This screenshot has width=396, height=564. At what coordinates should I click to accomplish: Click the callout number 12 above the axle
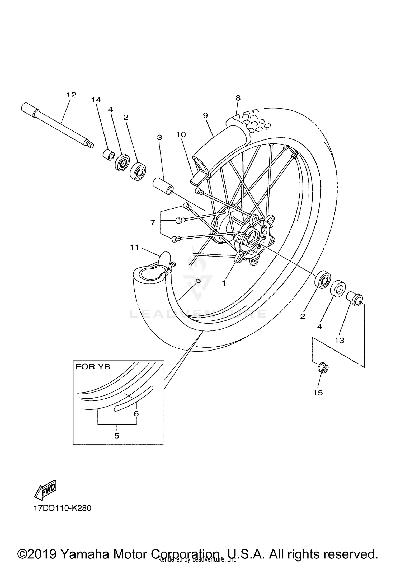pyautogui.click(x=71, y=95)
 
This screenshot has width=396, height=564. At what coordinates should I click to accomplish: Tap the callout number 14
pyautogui.click(x=96, y=100)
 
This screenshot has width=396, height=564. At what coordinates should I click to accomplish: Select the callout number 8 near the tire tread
pyautogui.click(x=238, y=98)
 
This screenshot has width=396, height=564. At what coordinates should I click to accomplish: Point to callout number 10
pyautogui.click(x=181, y=134)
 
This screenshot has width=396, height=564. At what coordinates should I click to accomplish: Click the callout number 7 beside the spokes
pyautogui.click(x=153, y=222)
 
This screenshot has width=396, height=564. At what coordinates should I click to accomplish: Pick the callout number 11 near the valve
pyautogui.click(x=134, y=247)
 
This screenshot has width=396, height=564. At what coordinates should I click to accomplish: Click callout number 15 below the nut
pyautogui.click(x=318, y=393)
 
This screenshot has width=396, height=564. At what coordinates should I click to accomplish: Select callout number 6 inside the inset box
pyautogui.click(x=136, y=413)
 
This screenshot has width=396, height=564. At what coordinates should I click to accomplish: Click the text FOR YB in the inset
pyautogui.click(x=93, y=367)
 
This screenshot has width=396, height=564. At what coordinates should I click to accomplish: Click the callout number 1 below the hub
pyautogui.click(x=224, y=283)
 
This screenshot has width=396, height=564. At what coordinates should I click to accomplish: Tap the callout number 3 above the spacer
pyautogui.click(x=159, y=137)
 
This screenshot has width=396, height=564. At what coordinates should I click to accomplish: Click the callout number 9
pyautogui.click(x=205, y=115)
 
